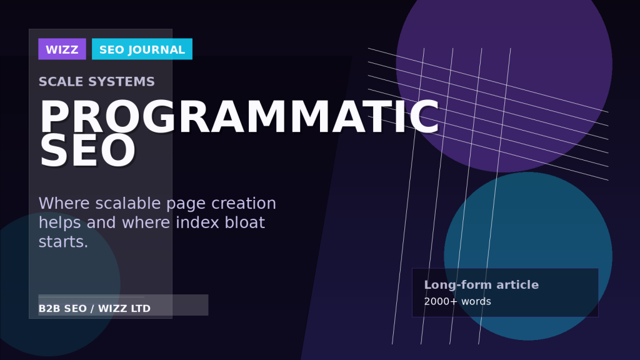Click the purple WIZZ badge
62,49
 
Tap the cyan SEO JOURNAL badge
142,49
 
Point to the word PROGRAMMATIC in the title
239,117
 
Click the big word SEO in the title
87,151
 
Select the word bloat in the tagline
244,222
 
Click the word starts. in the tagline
63,242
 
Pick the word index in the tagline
197,222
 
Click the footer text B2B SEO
62,309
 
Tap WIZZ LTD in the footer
124,309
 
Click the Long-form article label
481,285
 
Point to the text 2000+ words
457,302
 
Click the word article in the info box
517,285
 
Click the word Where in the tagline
64,203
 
